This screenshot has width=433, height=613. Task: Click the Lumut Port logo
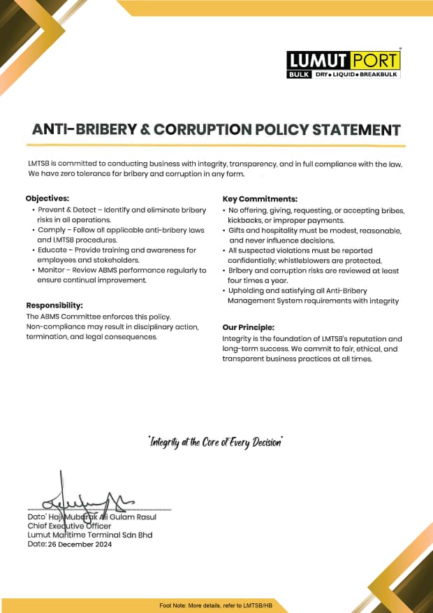tap(343, 64)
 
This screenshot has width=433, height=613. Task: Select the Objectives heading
tap(47, 199)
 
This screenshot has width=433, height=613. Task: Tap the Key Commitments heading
tap(260, 199)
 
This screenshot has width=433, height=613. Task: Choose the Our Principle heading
tap(248, 326)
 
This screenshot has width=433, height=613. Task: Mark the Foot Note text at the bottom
tap(215, 605)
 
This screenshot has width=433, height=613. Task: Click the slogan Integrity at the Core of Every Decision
tap(216, 442)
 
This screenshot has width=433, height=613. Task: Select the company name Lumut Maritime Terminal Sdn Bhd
tap(89, 535)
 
